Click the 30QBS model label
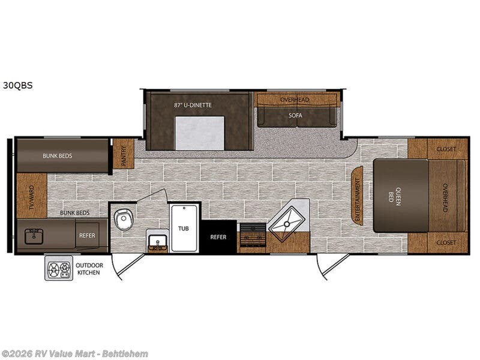click(x=18, y=85)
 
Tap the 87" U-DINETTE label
click(x=193, y=105)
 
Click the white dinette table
click(x=200, y=133)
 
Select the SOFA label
click(x=295, y=115)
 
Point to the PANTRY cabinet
click(x=124, y=154)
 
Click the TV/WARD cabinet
click(x=32, y=196)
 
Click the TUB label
click(x=184, y=229)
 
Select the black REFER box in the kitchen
click(x=218, y=236)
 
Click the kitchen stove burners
click(x=253, y=235)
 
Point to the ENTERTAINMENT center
click(x=357, y=196)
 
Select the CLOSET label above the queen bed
click(x=446, y=149)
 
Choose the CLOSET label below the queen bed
click(x=446, y=242)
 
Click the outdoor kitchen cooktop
click(x=59, y=268)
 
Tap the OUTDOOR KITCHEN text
click(x=89, y=269)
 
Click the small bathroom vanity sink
click(x=158, y=241)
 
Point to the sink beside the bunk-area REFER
click(x=34, y=236)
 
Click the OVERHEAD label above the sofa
click(x=295, y=100)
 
